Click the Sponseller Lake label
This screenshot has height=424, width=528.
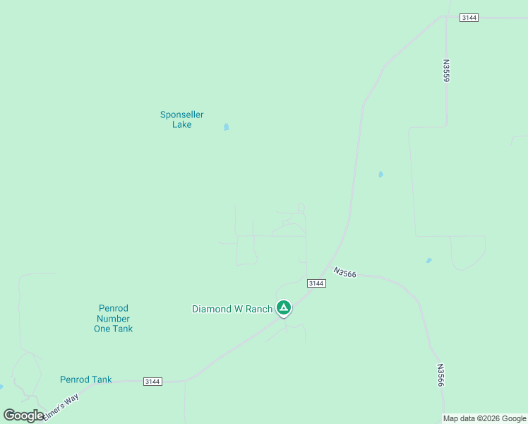click(181, 119)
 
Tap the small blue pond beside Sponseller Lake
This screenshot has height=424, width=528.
click(226, 127)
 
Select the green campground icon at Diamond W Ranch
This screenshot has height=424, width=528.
click(284, 307)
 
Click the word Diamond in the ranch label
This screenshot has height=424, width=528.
click(211, 309)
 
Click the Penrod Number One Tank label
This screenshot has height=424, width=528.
click(113, 319)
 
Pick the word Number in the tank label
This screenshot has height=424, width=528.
click(113, 319)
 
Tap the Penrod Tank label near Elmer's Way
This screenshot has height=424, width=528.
click(85, 379)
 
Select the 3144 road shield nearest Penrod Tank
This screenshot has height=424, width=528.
click(152, 382)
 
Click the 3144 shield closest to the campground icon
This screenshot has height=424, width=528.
click(316, 283)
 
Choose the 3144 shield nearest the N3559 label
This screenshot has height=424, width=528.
click(469, 17)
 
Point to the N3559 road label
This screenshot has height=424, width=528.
click(446, 71)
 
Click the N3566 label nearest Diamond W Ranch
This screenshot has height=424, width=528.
click(346, 272)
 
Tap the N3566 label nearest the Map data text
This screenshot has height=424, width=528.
click(440, 376)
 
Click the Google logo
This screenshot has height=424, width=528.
click(23, 416)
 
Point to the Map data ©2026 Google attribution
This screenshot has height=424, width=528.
click(484, 418)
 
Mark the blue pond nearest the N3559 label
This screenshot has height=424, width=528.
click(380, 174)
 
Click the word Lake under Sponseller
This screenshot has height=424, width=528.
click(181, 125)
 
